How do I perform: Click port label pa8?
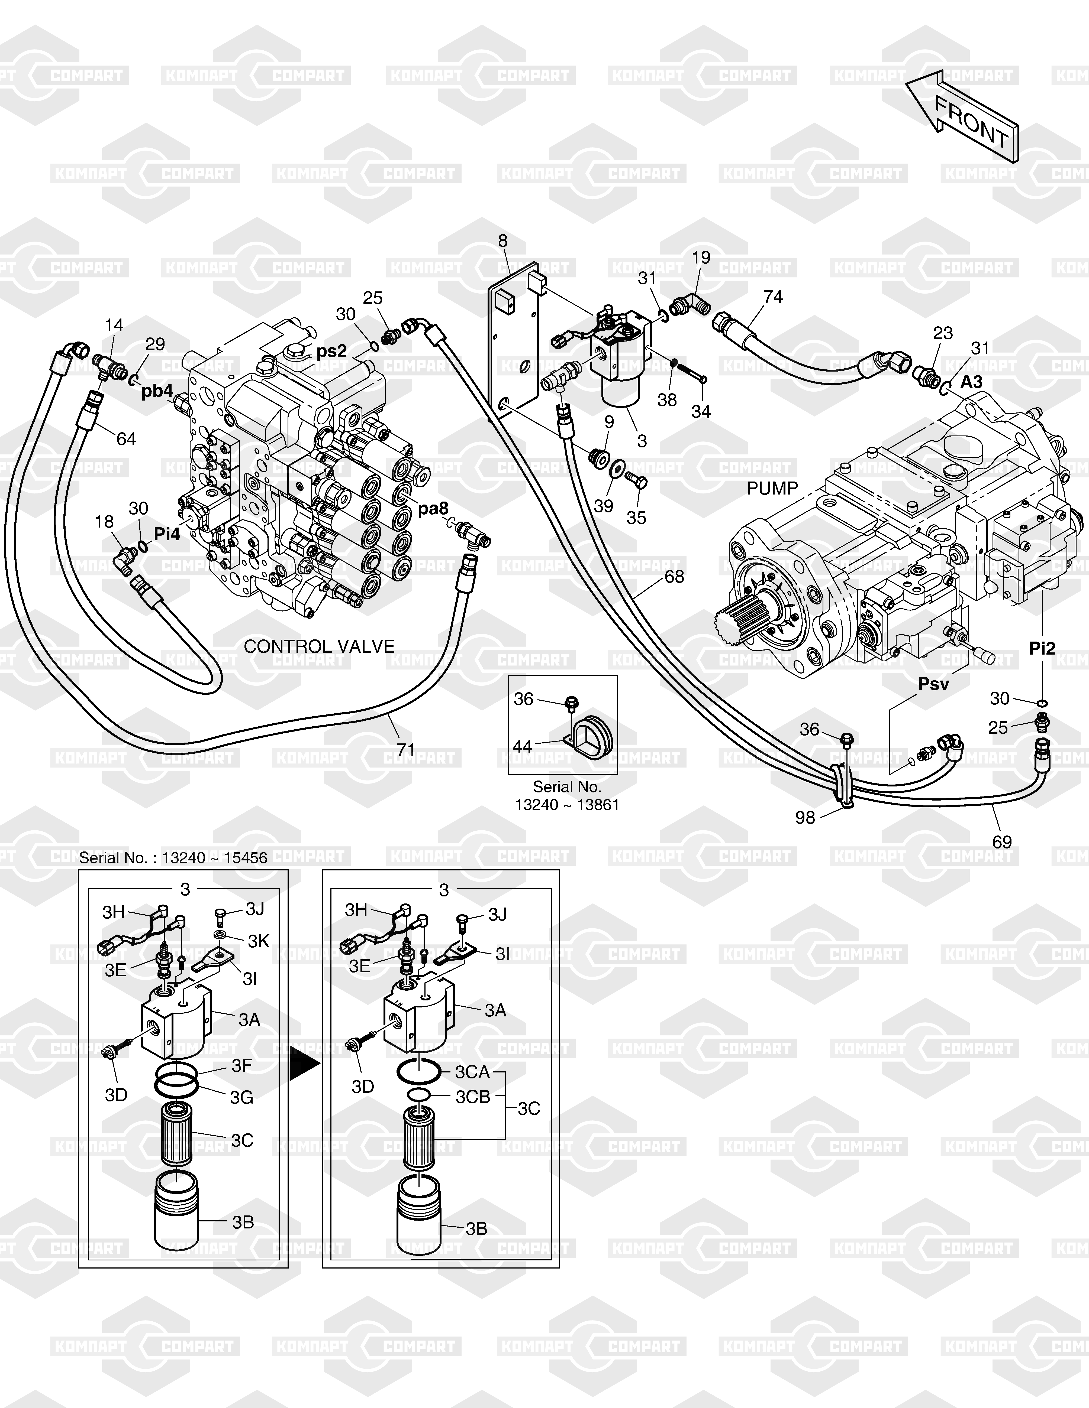433,509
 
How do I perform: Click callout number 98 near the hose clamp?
805,817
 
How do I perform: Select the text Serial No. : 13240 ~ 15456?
173,857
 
